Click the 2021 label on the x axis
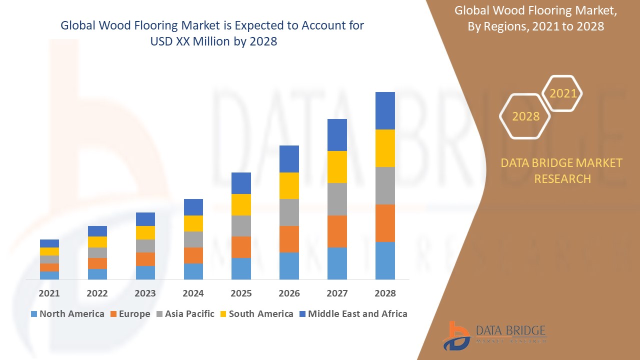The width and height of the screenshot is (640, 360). (x=49, y=293)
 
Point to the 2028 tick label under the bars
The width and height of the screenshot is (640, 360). (x=385, y=293)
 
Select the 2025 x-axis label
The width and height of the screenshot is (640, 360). (x=241, y=293)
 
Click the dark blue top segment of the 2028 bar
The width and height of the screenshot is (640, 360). (x=385, y=110)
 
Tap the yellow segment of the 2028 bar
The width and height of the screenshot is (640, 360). (x=385, y=148)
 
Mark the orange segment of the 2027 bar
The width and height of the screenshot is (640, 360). (x=337, y=231)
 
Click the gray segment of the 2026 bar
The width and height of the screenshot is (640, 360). (x=289, y=212)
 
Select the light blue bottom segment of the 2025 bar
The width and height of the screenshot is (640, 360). (x=241, y=268)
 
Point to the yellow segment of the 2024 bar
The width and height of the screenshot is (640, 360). (x=193, y=223)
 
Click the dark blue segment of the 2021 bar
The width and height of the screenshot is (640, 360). (x=49, y=243)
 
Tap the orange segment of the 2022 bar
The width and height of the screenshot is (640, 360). (x=97, y=263)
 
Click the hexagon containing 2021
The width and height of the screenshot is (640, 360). (x=562, y=93)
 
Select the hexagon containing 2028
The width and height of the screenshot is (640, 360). (x=525, y=116)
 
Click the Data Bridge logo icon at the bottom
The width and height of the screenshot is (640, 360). (x=456, y=335)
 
